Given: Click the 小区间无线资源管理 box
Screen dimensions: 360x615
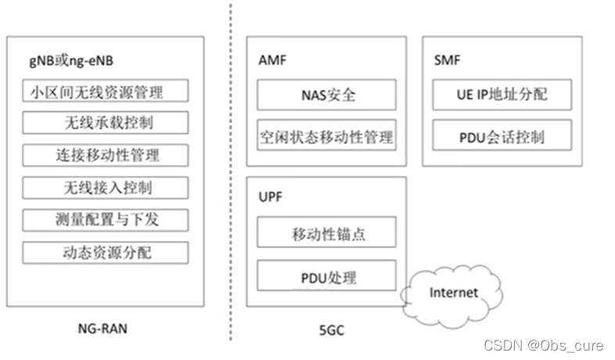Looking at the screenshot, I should click(105, 92).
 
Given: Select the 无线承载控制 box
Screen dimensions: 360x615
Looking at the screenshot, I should click(105, 123).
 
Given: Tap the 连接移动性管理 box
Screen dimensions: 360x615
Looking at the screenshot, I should click(105, 154).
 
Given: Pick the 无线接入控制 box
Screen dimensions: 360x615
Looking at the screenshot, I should click(105, 187).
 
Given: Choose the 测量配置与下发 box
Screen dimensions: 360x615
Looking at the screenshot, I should click(105, 219).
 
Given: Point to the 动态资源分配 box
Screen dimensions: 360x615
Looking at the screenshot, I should click(105, 252).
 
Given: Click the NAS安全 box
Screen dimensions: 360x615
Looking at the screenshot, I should click(326, 95).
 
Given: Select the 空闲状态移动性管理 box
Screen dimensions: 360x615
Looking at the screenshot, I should click(326, 135).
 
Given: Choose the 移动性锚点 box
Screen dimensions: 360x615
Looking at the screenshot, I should click(326, 232).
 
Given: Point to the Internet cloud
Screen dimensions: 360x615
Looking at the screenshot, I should click(453, 293).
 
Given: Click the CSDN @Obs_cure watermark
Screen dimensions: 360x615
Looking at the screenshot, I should click(545, 344).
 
